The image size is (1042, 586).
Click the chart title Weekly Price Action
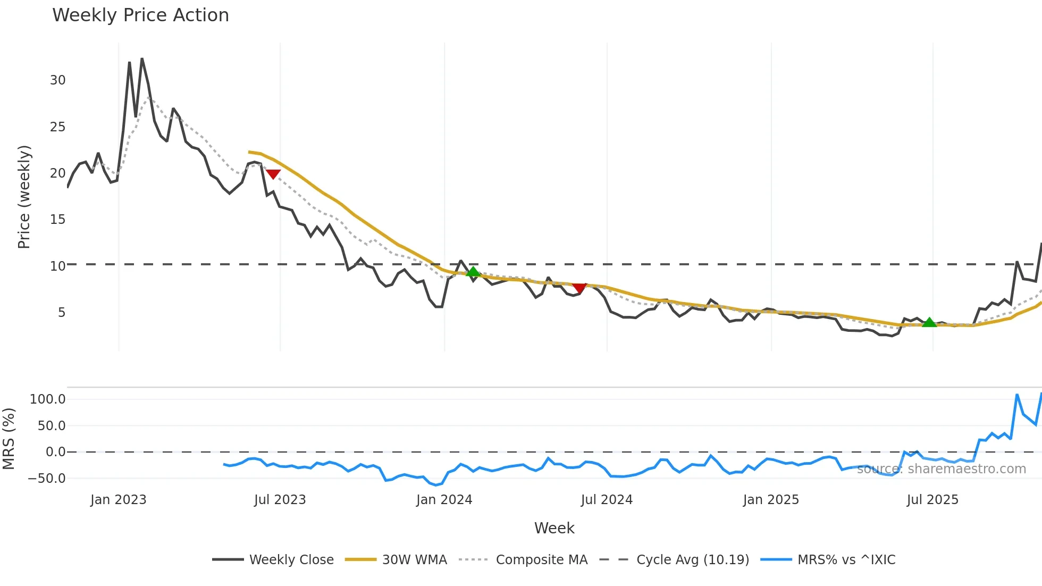(140, 15)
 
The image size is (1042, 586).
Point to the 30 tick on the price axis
(57, 80)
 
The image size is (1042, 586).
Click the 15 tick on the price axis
(57, 220)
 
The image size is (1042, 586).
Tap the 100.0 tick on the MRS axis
(48, 399)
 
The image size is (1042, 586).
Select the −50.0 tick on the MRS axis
(47, 479)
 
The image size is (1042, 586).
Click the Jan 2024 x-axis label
(444, 500)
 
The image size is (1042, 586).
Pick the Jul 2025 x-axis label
(932, 500)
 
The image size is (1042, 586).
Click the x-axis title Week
(554, 528)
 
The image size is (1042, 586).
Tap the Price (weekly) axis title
(24, 197)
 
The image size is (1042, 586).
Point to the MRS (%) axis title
(9, 439)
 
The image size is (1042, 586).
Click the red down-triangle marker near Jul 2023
(273, 174)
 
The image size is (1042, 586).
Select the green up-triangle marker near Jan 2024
(473, 272)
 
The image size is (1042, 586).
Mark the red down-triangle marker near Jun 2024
(579, 288)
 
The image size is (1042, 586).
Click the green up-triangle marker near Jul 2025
(929, 322)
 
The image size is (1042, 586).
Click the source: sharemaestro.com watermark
(941, 469)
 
